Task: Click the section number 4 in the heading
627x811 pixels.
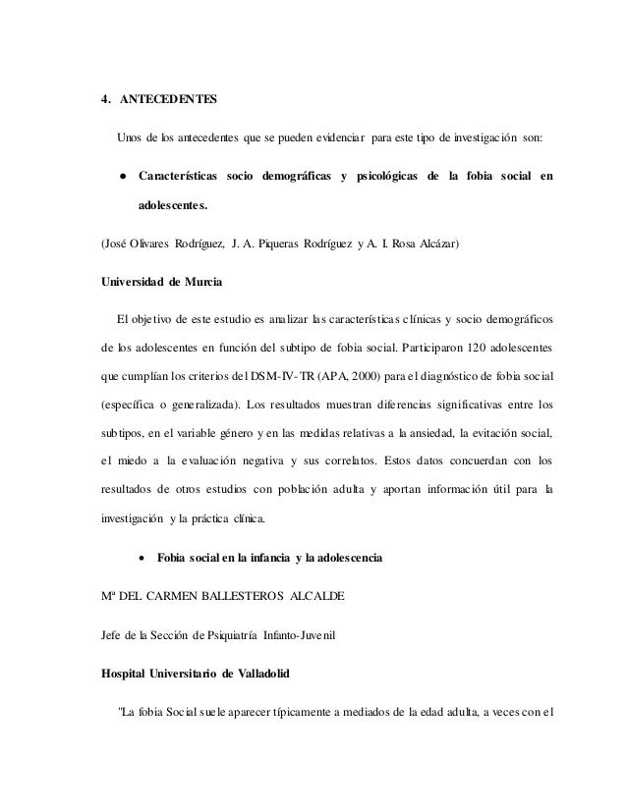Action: pos(105,100)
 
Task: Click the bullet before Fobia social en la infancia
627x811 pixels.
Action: pos(144,559)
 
